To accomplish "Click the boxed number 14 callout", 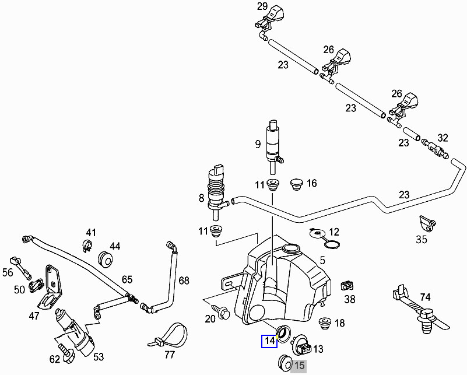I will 269,341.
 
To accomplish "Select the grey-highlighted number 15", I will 299,366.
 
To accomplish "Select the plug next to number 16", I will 296,184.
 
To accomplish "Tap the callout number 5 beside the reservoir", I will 322,261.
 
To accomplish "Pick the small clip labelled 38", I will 346,285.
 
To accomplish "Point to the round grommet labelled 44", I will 106,258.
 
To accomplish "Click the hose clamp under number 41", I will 87,246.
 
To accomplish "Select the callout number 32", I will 443,138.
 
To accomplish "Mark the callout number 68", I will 184,281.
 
